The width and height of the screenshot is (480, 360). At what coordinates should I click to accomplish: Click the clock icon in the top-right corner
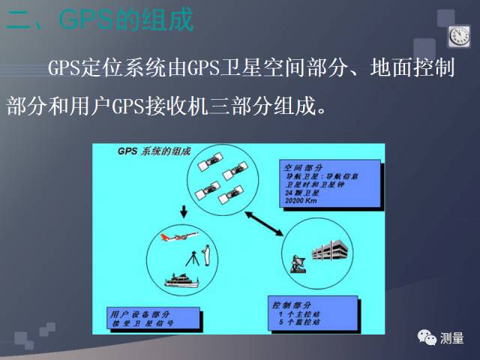coord(458,35)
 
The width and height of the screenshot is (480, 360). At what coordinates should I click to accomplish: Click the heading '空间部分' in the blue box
coord(303,166)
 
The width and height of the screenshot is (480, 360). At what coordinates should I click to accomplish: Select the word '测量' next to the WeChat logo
coord(452,337)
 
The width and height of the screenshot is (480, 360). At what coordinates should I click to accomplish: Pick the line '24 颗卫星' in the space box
coord(301,192)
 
